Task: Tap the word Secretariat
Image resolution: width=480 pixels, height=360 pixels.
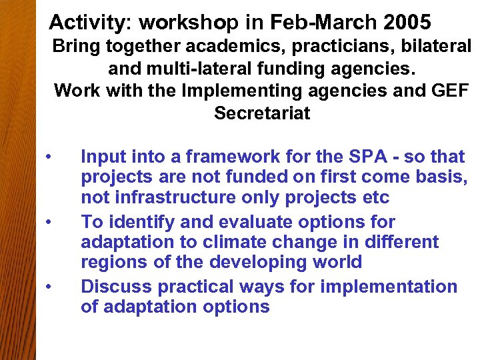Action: tap(262, 113)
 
